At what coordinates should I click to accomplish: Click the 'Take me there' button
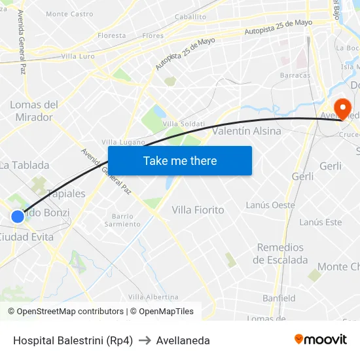pyautogui.click(x=180, y=160)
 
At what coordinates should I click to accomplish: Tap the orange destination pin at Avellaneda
pyautogui.click(x=342, y=107)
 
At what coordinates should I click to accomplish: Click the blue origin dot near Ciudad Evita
pyautogui.click(x=18, y=216)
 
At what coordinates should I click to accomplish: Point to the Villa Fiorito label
pyautogui.click(x=198, y=210)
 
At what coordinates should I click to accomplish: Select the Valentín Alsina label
pyautogui.click(x=247, y=131)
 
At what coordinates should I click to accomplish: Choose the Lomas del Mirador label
pyautogui.click(x=34, y=111)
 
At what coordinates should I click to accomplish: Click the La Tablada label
pyautogui.click(x=24, y=166)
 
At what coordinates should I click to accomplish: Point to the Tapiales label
pyautogui.click(x=66, y=194)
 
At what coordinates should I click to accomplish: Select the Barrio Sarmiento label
pyautogui.click(x=122, y=220)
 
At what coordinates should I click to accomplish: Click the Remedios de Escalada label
pyautogui.click(x=280, y=253)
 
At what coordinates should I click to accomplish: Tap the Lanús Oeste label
pyautogui.click(x=270, y=205)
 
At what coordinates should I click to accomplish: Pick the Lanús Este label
pyautogui.click(x=320, y=223)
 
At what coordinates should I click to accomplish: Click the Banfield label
pyautogui.click(x=279, y=298)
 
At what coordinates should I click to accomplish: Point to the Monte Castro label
pyautogui.click(x=69, y=14)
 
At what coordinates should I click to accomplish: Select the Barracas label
pyautogui.click(x=295, y=75)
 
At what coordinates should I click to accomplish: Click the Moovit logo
pyautogui.click(x=320, y=340)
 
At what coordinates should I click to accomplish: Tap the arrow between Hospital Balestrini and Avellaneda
pyautogui.click(x=144, y=340)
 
